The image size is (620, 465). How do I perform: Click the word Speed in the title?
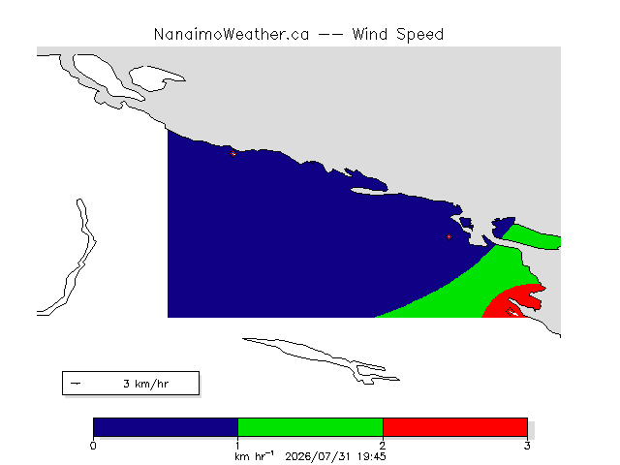pos(419,35)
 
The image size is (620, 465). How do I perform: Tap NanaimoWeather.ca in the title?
pos(232,35)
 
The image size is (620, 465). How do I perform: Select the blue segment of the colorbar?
pos(166,427)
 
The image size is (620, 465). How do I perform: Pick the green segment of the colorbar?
pos(310,427)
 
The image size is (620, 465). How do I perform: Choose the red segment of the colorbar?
pos(455,427)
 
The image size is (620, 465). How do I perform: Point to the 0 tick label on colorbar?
pos(93,446)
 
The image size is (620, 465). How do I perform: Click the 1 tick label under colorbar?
pos(237,446)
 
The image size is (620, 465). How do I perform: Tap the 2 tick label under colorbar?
pos(383,446)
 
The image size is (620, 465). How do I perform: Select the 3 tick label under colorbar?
pos(527,446)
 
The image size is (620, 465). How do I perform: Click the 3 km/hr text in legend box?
pos(146,384)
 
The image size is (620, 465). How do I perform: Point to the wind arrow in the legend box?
pos(76,384)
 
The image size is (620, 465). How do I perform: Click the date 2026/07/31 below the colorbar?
pos(318,456)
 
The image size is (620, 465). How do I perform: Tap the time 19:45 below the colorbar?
pos(372,456)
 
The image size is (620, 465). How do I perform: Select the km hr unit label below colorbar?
pos(254,456)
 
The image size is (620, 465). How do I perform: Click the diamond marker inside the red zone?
pos(511,311)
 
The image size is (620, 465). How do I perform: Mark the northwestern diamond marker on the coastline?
pos(232,153)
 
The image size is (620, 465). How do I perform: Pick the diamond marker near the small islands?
pos(449,236)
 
